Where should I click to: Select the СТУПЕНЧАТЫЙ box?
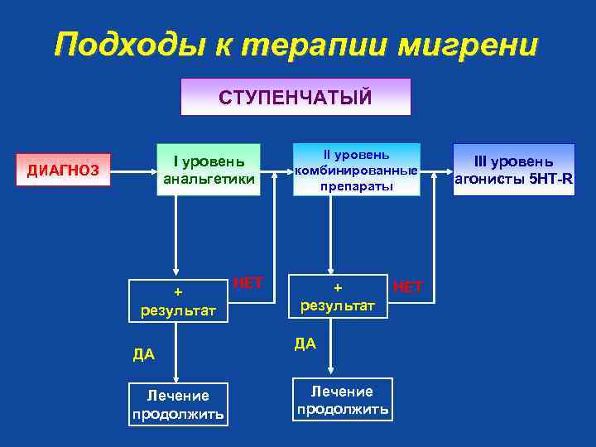click(x=296, y=97)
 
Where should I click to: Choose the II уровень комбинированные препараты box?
click(x=356, y=170)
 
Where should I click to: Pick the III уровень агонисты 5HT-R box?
click(x=513, y=170)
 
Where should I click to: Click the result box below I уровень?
click(x=178, y=300)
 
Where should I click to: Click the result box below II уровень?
click(x=338, y=296)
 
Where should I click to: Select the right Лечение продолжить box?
click(x=343, y=400)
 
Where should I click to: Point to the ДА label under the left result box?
click(x=144, y=355)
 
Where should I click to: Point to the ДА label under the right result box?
click(x=305, y=344)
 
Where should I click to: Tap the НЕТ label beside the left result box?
click(x=248, y=283)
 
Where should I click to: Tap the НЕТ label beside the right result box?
click(x=407, y=286)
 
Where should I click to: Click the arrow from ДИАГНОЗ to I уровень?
click(x=133, y=172)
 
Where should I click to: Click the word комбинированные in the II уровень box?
click(x=356, y=171)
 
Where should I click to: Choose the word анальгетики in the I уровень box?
click(x=209, y=178)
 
